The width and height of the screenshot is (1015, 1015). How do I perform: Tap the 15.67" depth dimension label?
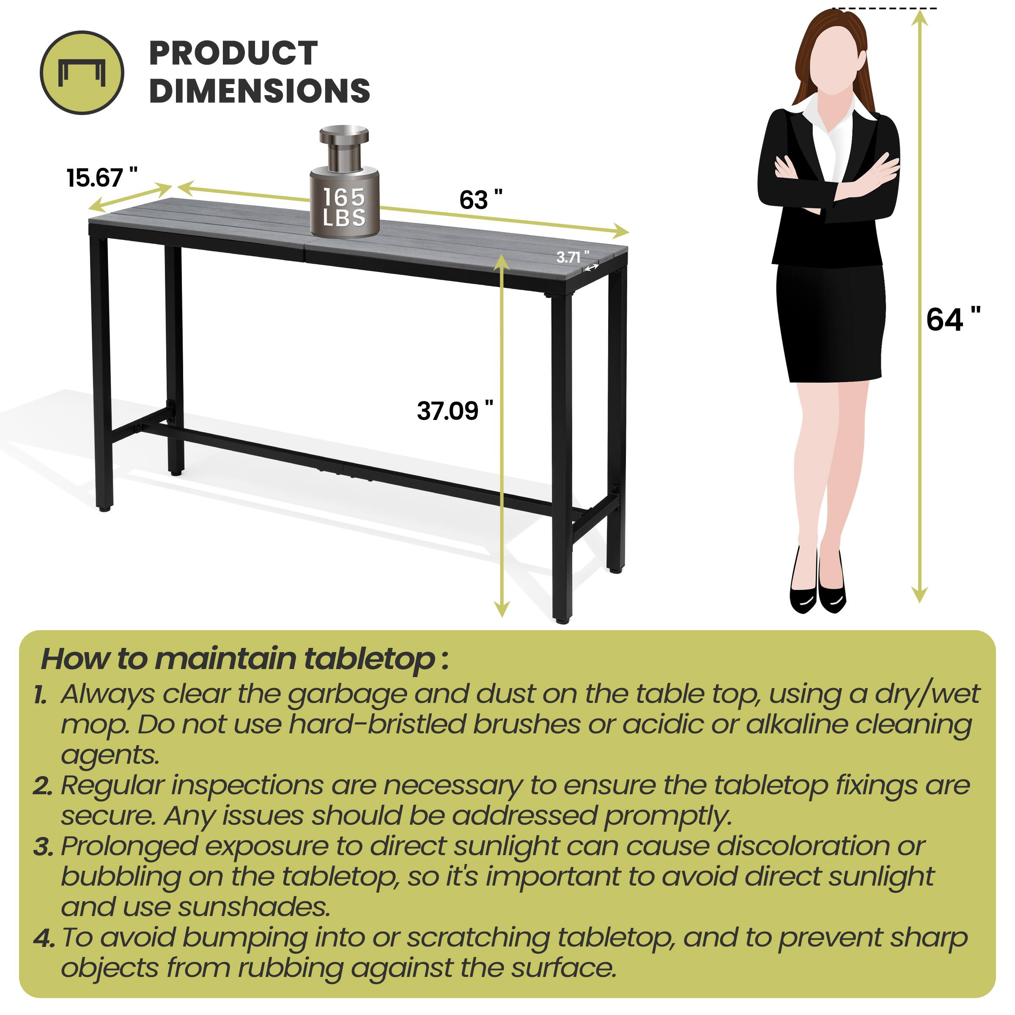pos(101,178)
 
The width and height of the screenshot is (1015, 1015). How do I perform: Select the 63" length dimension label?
pos(480,200)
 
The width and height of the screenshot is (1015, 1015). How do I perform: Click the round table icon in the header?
pos(82,72)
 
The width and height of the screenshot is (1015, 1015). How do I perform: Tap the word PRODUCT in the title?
pos(233,54)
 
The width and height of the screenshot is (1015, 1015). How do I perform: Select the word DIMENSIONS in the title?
pos(260,91)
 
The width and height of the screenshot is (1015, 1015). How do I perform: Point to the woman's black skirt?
pos(830,323)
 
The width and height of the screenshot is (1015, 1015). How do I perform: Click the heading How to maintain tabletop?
pos(244,658)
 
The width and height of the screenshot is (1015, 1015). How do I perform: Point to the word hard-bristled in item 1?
pos(377,725)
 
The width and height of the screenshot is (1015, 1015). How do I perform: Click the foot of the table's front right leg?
pos(562,620)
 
